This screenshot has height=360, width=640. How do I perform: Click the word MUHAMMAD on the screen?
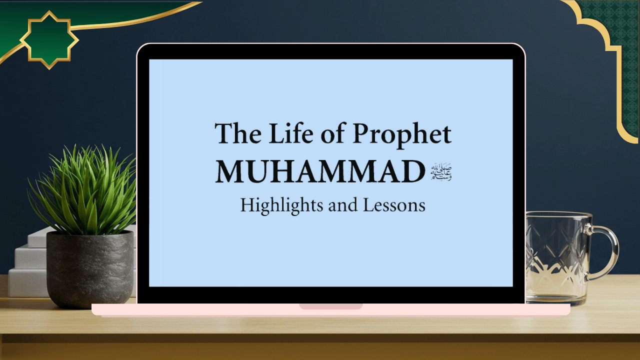(319, 171)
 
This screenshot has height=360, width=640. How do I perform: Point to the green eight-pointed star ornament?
(49, 39)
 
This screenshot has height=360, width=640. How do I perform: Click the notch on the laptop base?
(330, 306)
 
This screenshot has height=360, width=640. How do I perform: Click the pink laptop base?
(200, 309)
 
